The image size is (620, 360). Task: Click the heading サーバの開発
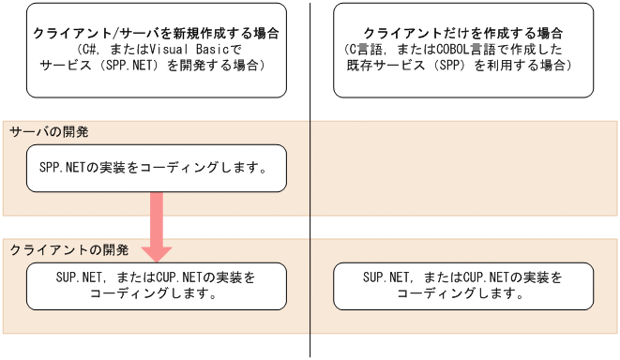(x=49, y=132)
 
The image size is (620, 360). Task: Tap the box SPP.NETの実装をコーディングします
(x=157, y=168)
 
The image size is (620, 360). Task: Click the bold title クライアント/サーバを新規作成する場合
(x=157, y=33)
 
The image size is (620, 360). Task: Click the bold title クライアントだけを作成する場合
(x=463, y=33)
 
